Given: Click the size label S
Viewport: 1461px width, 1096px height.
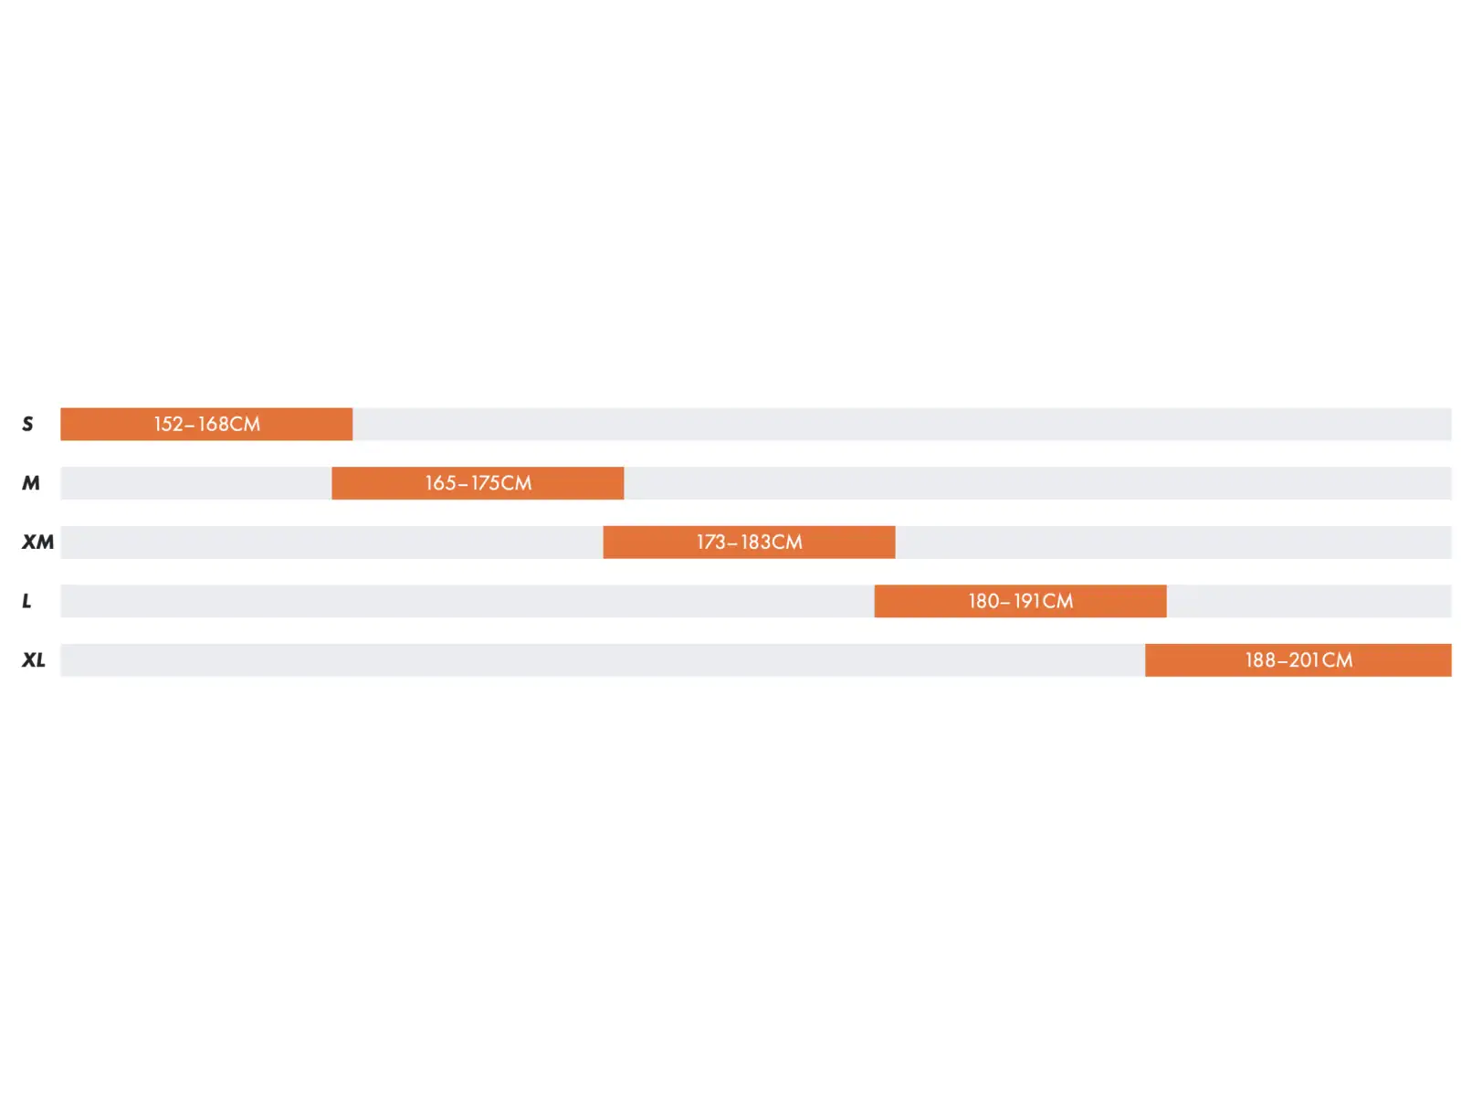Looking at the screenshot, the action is click(27, 424).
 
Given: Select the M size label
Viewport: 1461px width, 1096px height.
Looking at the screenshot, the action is click(31, 482).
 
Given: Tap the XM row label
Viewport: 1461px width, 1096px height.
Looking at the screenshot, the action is click(38, 542).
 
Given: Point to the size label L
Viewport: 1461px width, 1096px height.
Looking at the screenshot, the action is click(26, 601).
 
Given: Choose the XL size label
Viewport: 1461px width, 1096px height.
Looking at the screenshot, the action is click(34, 659).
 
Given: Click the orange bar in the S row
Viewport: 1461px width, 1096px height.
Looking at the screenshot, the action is click(206, 424).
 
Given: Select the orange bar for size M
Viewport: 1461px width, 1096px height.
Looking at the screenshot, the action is click(478, 482).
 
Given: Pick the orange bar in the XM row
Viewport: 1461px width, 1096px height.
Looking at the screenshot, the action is click(749, 542).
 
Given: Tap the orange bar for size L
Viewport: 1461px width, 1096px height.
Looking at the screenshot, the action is click(1020, 601).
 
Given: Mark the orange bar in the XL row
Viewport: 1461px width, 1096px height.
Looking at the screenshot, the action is click(1298, 659).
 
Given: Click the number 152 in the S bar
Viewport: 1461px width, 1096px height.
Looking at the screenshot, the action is click(168, 424).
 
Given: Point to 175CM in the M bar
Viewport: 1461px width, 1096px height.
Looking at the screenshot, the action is click(501, 483).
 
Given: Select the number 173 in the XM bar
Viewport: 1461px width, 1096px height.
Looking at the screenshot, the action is click(711, 543).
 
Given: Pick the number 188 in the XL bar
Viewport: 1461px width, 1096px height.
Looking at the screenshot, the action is click(1261, 660).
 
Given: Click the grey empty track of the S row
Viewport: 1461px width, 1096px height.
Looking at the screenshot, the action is click(902, 424).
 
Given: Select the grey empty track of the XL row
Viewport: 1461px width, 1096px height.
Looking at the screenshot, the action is click(603, 659).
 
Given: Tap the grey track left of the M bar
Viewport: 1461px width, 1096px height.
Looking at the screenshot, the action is click(195, 482).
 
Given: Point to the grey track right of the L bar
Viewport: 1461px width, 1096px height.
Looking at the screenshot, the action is click(1309, 601).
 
